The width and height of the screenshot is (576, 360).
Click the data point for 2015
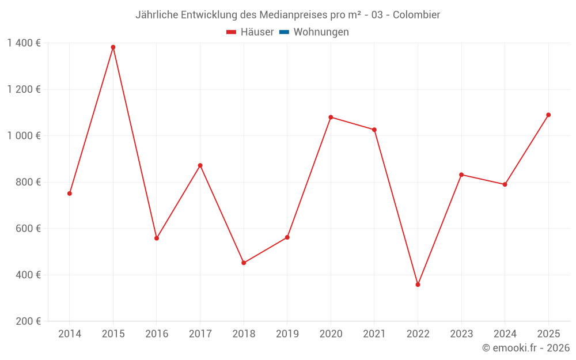(113, 47)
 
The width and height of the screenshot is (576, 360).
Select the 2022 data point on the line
(418, 285)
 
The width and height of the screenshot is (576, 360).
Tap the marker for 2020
(331, 117)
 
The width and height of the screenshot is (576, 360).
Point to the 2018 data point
(244, 263)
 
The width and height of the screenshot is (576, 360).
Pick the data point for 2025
(548, 115)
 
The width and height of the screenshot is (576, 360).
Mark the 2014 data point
(70, 194)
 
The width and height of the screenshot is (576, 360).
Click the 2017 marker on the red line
(200, 165)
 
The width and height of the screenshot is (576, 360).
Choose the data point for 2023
(461, 175)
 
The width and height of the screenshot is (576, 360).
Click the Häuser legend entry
(250, 32)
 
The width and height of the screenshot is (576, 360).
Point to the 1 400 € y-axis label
(24, 43)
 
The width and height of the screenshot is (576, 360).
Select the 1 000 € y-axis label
(24, 136)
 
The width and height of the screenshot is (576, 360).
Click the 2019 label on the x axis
(287, 334)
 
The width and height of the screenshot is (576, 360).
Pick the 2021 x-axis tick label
(374, 334)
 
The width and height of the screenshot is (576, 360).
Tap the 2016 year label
(157, 334)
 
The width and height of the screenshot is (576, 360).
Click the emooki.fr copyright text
(526, 348)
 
